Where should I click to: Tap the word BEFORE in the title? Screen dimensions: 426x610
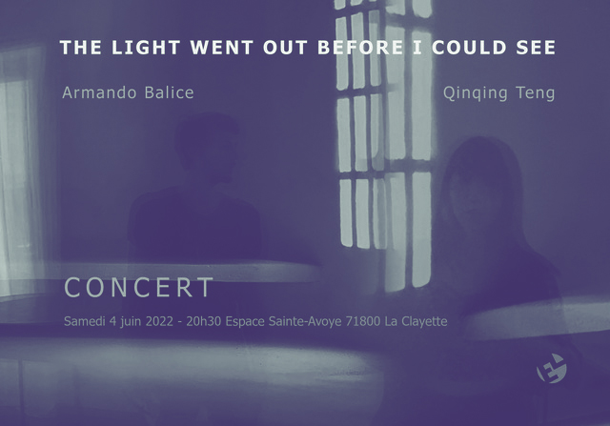point(350,47)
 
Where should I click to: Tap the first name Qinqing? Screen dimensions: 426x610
point(478,93)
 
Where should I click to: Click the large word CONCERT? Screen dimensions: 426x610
point(139,288)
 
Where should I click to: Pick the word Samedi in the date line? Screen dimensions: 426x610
point(86,321)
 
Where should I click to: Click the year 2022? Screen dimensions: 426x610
point(158,321)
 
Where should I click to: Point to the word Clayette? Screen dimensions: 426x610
point(423,321)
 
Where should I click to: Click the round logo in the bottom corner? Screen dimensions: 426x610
point(552,368)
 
